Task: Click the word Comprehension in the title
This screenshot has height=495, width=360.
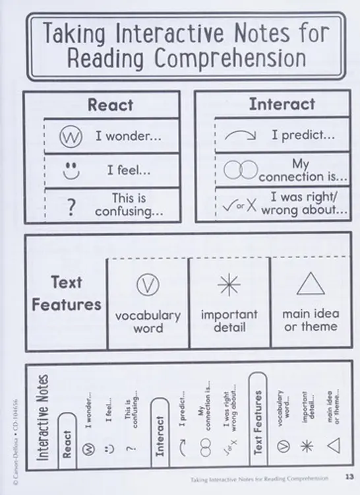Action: coord(230,58)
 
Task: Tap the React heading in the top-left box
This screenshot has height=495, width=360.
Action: coord(110,105)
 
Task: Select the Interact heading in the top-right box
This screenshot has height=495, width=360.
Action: coord(282,104)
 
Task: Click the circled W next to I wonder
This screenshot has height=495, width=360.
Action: coord(71,137)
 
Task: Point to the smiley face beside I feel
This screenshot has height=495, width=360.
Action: coord(71,171)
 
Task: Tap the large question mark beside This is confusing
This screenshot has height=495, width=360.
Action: coord(72,207)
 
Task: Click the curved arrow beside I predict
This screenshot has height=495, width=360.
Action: coord(240,135)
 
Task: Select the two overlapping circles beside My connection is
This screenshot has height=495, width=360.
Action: coord(241,170)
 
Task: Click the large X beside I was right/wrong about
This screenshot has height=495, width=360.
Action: coord(252,205)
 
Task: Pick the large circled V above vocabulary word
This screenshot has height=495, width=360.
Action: coord(148,284)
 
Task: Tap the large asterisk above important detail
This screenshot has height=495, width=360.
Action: coord(229,284)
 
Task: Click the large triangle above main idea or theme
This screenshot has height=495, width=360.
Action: coord(311,284)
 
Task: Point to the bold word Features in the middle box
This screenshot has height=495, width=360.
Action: coord(67,305)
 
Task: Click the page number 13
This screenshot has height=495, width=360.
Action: coord(349,477)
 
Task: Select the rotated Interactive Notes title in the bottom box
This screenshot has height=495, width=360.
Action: coord(42,417)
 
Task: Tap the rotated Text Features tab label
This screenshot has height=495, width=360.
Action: coord(258,422)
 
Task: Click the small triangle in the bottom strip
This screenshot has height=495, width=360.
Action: coord(334,445)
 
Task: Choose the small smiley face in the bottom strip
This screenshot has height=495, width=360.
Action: coord(109,449)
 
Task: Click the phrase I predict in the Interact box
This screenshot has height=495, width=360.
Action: coord(303,135)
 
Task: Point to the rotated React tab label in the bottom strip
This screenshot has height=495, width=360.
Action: coord(67,444)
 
